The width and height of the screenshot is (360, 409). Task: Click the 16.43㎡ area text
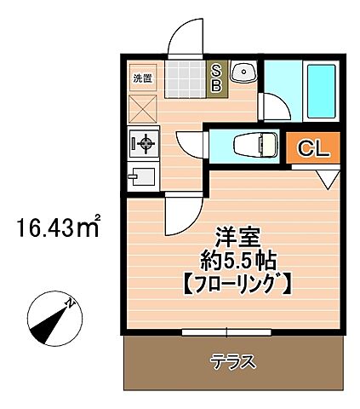coord(58,228)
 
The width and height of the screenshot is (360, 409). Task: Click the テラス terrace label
coord(233,360)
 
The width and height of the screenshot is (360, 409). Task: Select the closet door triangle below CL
coord(328,177)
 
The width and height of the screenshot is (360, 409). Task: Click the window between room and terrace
coord(227,331)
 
